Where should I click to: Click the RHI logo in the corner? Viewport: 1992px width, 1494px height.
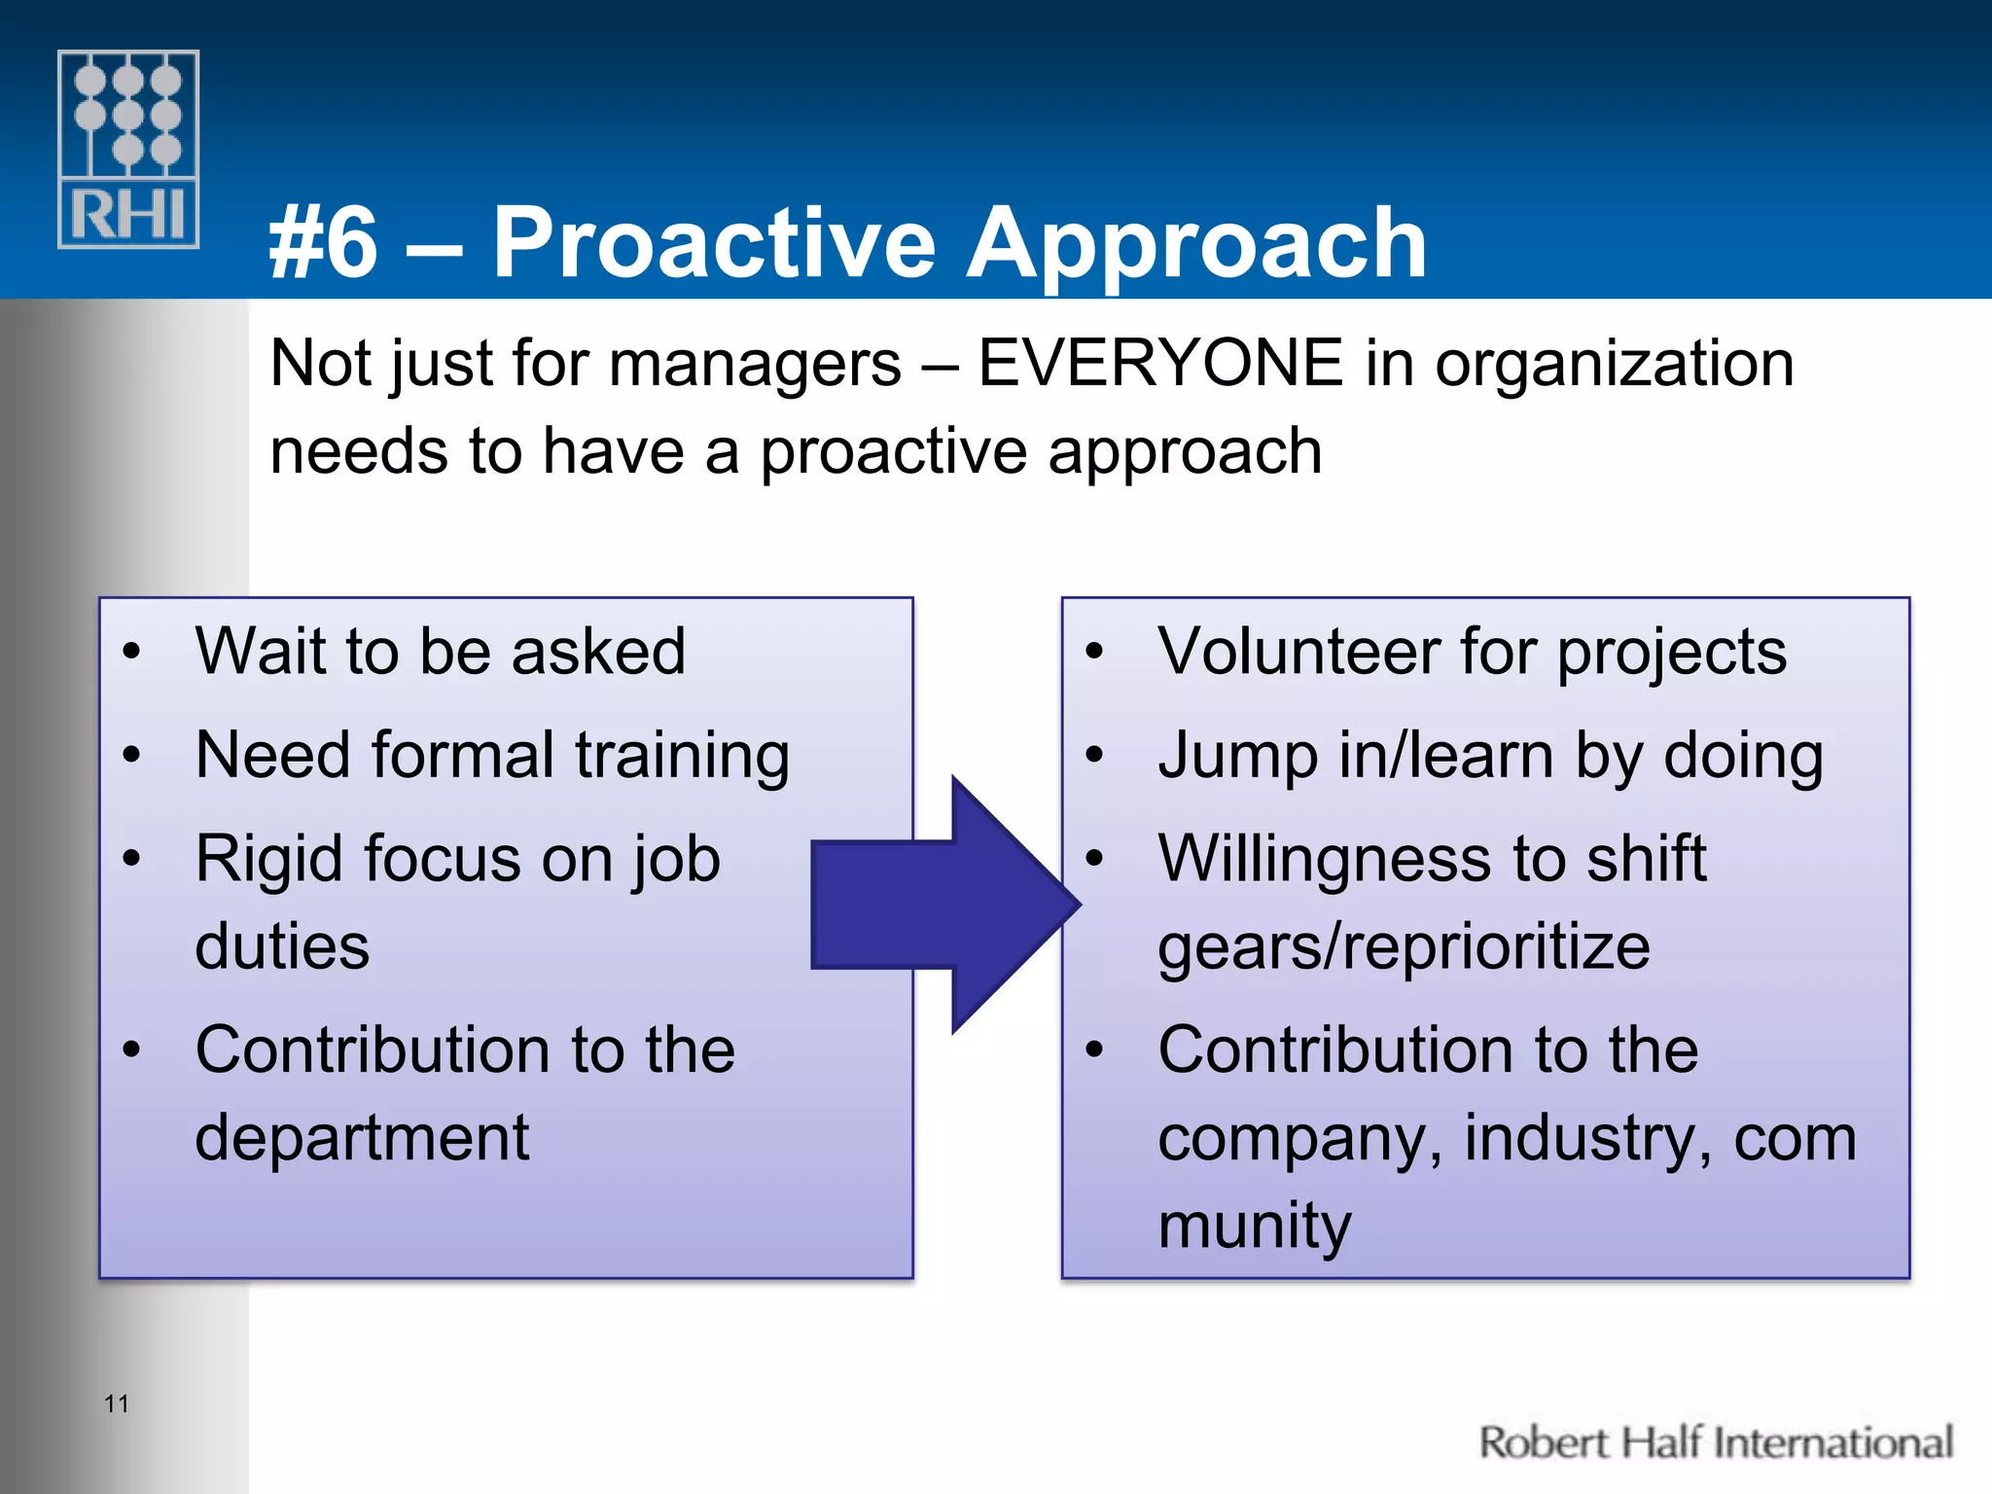pos(128,149)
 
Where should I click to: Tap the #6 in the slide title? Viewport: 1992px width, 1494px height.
pos(324,243)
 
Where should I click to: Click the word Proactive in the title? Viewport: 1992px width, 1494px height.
pos(714,243)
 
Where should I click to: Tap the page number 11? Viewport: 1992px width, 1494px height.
pos(117,1404)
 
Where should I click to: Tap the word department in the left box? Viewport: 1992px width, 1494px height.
pos(362,1138)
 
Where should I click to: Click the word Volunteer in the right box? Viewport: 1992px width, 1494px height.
pos(1299,651)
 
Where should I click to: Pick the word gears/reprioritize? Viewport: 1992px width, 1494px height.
pos(1404,947)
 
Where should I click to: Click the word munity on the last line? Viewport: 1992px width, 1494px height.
pos(1255,1226)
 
